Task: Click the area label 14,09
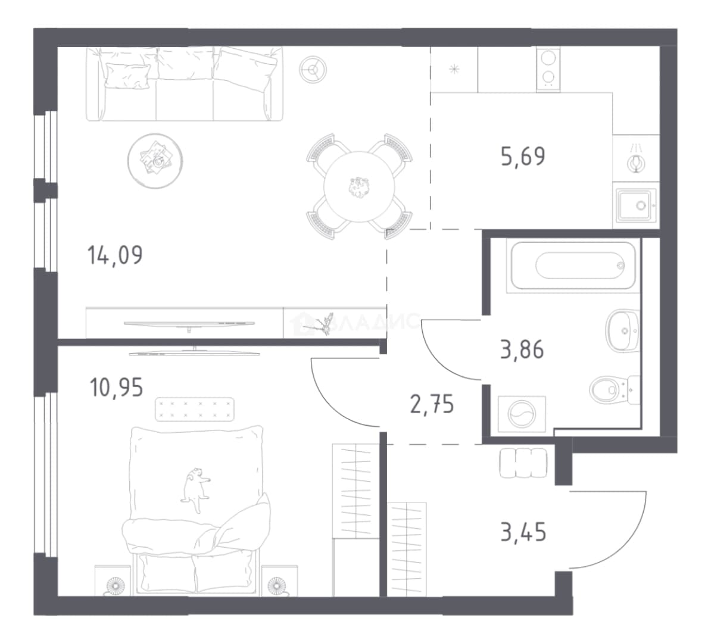115,255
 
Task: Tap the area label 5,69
523,157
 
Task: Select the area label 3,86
522,350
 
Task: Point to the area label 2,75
432,404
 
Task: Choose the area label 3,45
523,532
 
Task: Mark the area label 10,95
117,388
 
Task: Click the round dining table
359,186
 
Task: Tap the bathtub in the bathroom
573,266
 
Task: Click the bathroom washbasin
623,331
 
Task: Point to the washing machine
522,414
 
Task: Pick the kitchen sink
637,205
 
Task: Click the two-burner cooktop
548,70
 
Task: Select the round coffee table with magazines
155,161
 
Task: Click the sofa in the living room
185,84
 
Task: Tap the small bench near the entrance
523,463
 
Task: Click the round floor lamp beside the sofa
313,70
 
